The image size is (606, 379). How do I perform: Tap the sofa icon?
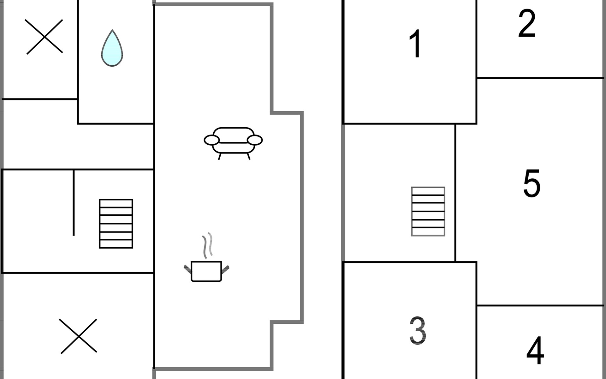click(233, 141)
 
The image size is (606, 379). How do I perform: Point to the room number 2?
click(527, 23)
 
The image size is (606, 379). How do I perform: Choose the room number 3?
click(418, 330)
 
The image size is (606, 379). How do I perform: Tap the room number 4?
click(535, 350)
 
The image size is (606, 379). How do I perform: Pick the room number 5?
click(532, 183)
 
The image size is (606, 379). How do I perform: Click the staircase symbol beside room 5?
click(428, 211)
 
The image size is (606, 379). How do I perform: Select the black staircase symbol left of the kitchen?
click(116, 224)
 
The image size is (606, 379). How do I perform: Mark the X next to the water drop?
click(44, 37)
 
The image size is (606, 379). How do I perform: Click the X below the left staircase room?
click(78, 336)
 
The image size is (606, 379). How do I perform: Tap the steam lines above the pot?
click(207, 245)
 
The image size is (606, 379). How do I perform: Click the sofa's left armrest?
click(211, 140)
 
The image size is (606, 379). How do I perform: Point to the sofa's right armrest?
click(255, 140)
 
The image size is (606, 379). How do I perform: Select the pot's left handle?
click(187, 269)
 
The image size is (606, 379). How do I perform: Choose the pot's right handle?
click(225, 269)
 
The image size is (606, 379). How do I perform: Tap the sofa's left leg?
click(219, 156)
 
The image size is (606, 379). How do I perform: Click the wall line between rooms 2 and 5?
click(540, 78)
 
